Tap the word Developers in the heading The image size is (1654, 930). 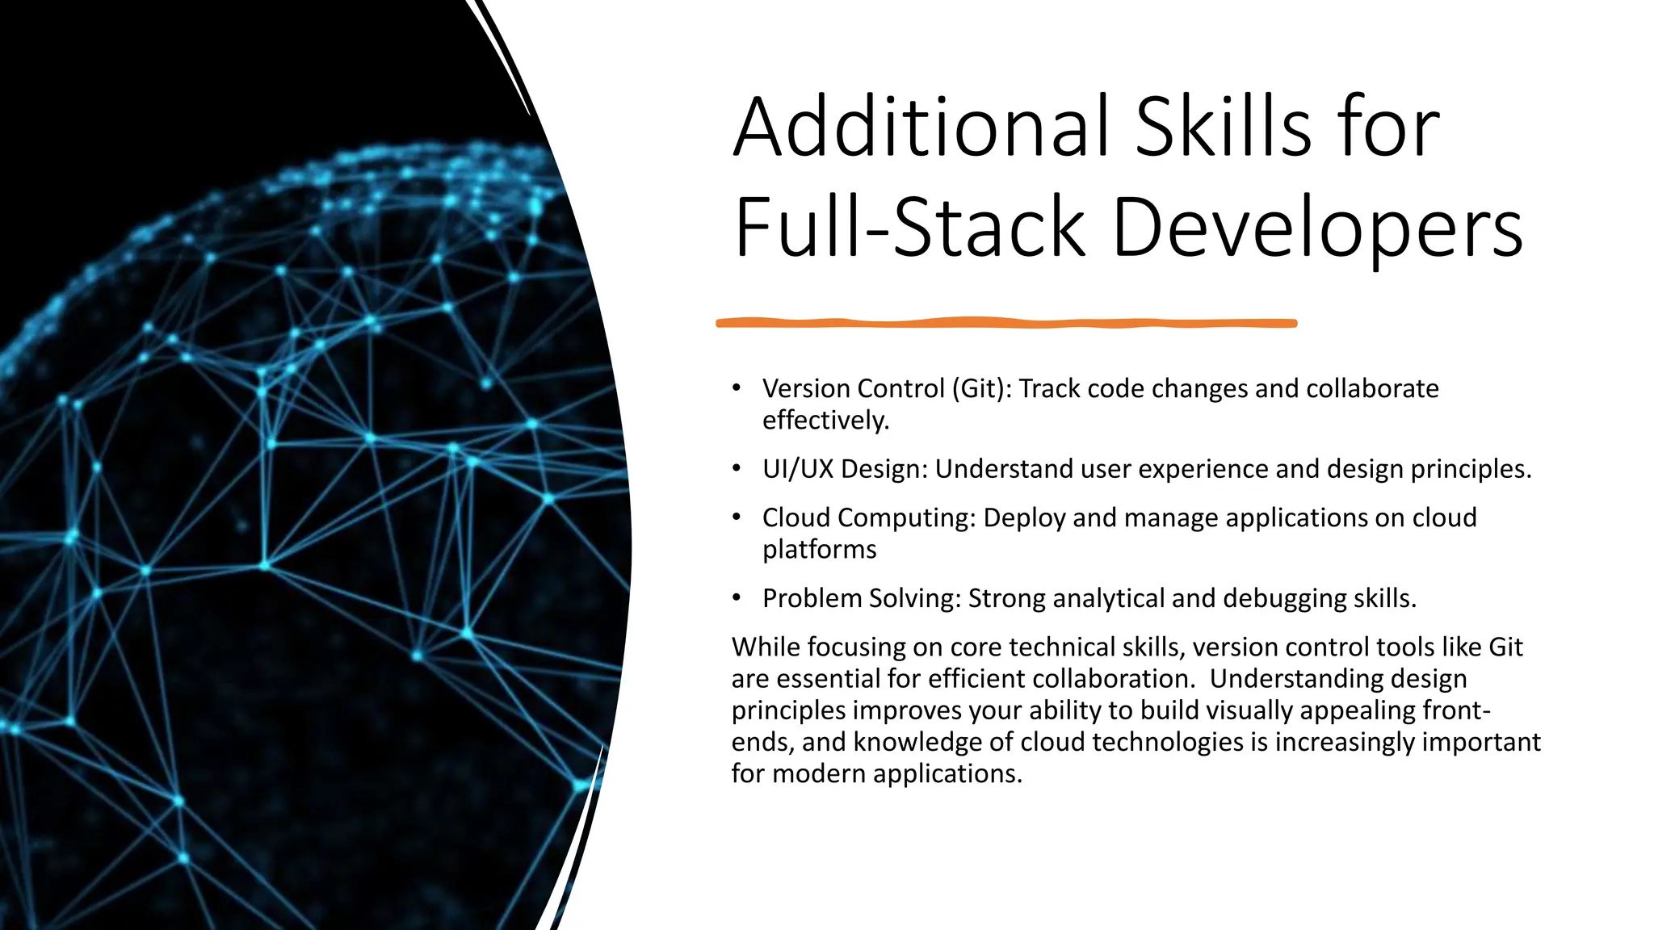coord(1317,228)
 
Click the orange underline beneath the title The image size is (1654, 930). coord(1006,323)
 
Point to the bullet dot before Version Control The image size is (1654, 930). coord(737,388)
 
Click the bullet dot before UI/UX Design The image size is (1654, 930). coord(737,468)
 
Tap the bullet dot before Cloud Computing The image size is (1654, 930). coord(737,517)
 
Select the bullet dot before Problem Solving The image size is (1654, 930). coord(737,597)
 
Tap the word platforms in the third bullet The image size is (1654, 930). coord(819,550)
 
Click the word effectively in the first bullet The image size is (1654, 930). coord(824,421)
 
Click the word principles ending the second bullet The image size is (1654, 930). coord(1469,469)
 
